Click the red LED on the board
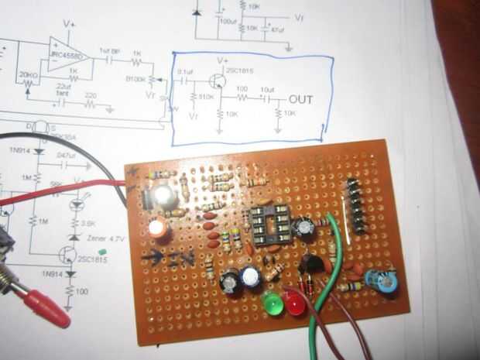pyautogui.click(x=296, y=303)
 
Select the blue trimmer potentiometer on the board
pyautogui.click(x=385, y=281)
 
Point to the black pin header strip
pyautogui.click(x=355, y=205)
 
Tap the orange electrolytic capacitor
pyautogui.click(x=158, y=228)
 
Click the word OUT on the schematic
pyautogui.click(x=301, y=100)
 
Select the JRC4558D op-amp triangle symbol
pyautogui.click(x=67, y=54)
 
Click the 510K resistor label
pyautogui.click(x=205, y=97)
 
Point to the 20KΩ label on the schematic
pyautogui.click(x=28, y=75)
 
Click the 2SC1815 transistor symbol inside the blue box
pyautogui.click(x=220, y=77)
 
